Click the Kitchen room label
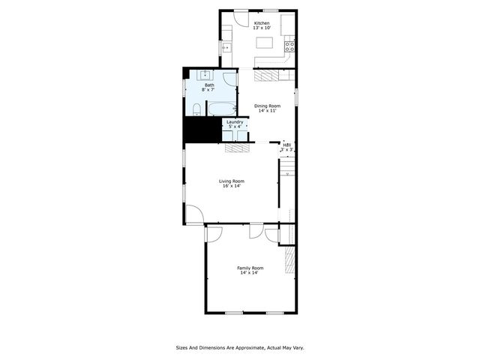(x=262, y=23)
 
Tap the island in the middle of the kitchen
(x=265, y=43)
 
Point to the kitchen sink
(x=226, y=47)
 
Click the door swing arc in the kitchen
(x=241, y=19)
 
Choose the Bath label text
(x=209, y=85)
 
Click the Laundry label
(x=235, y=121)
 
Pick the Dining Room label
(x=267, y=106)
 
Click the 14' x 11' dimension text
(x=267, y=111)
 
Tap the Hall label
(x=286, y=145)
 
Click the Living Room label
(x=232, y=181)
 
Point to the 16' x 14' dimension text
(x=232, y=186)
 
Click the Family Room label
(x=250, y=268)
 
